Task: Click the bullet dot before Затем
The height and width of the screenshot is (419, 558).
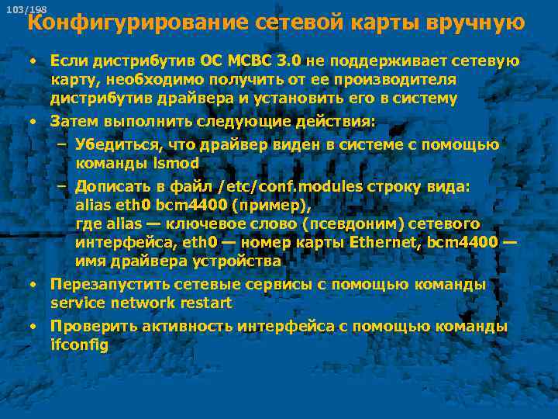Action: click(34, 122)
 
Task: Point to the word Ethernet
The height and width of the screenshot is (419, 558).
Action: click(385, 244)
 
